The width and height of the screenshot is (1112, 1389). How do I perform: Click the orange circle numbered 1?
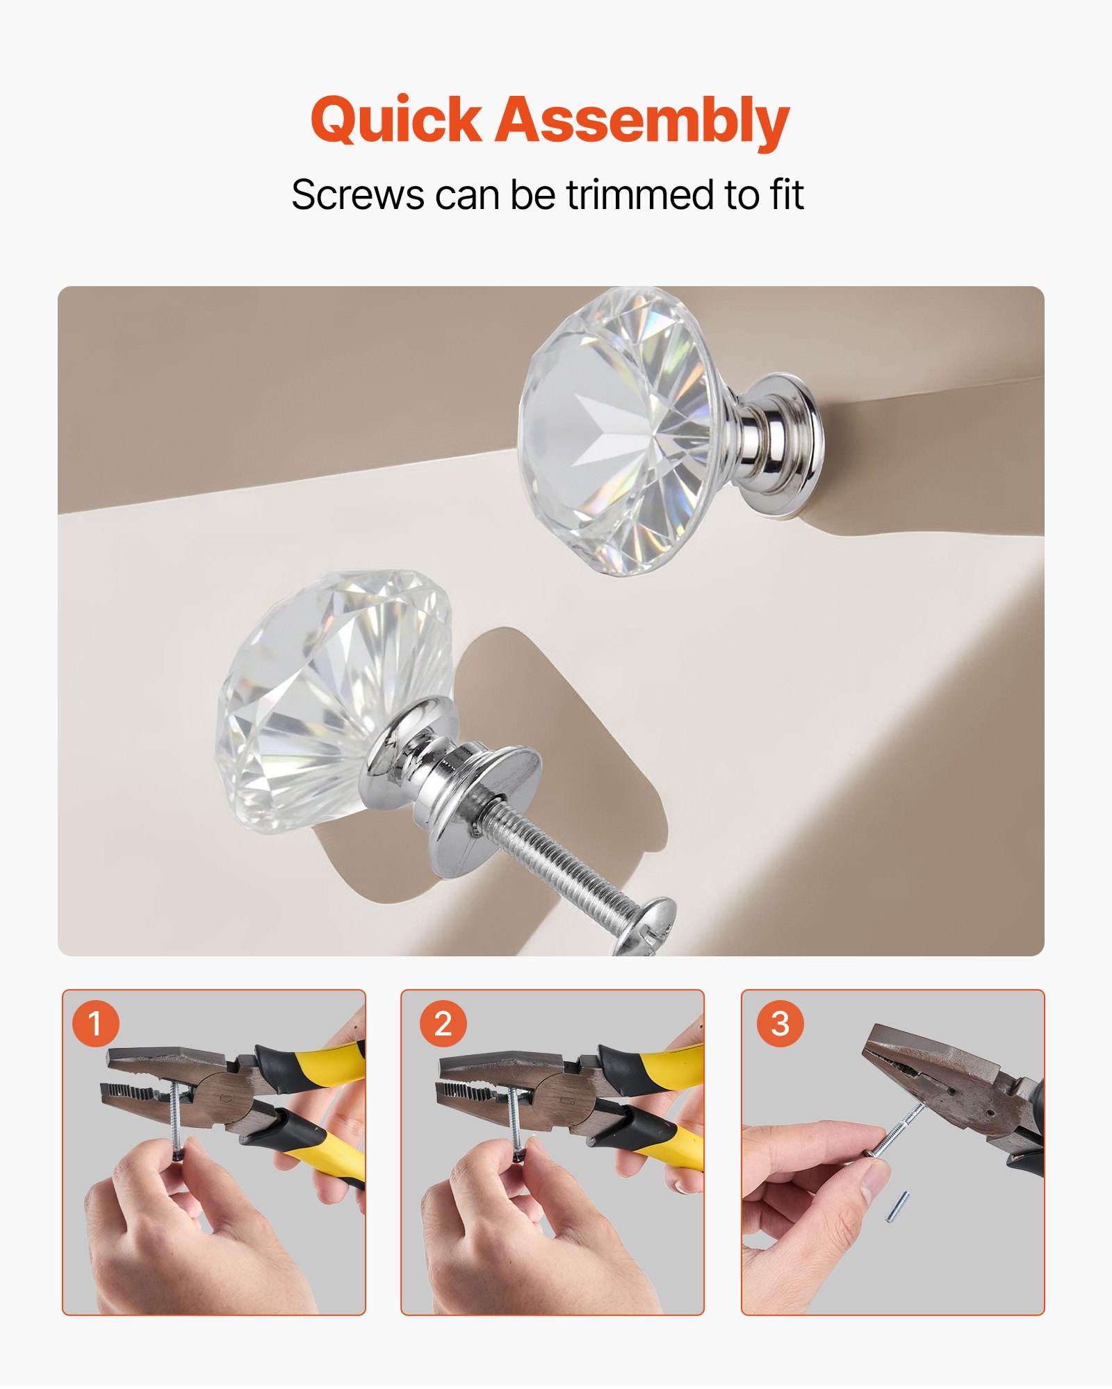pyautogui.click(x=96, y=1024)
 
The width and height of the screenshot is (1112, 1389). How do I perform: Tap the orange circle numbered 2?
pyautogui.click(x=443, y=1024)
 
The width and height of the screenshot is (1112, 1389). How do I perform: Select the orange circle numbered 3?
pyautogui.click(x=780, y=1024)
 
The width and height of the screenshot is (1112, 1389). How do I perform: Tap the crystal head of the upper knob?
pyautogui.click(x=619, y=431)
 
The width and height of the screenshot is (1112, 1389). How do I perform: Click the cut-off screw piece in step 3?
pyautogui.click(x=897, y=1207)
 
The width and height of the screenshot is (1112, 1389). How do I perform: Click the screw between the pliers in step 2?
pyautogui.click(x=514, y=1118)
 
